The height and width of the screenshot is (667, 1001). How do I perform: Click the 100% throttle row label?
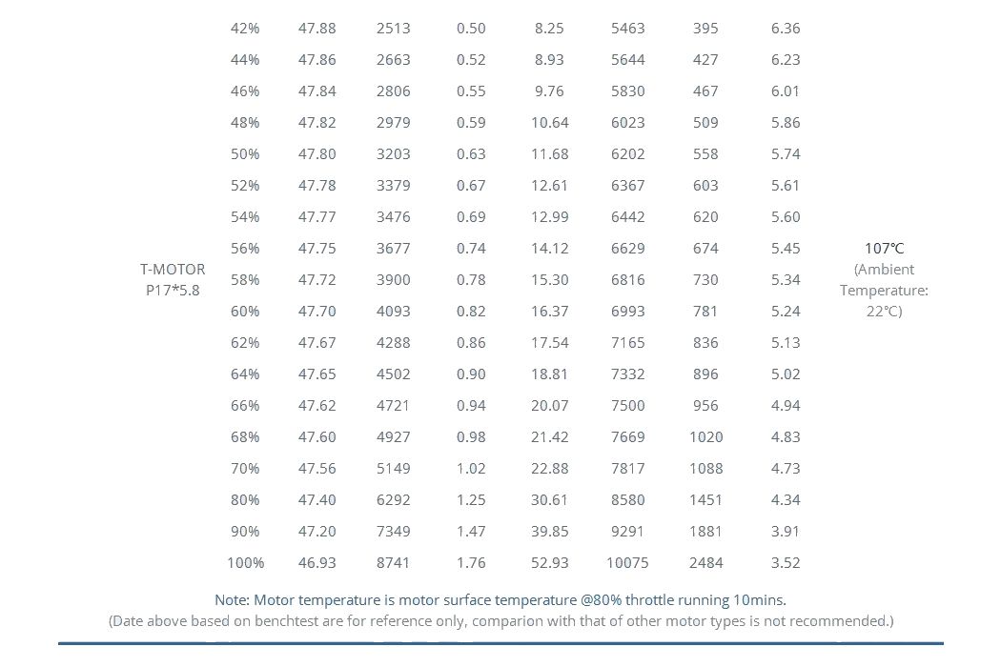tap(245, 563)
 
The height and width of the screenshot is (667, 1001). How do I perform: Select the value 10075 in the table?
tap(627, 563)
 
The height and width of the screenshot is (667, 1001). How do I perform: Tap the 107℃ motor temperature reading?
tap(884, 249)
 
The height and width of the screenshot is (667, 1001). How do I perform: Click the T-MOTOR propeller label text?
tap(173, 270)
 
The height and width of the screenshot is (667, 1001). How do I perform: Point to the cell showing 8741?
tap(393, 563)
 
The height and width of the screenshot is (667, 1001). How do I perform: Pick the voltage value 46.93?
tap(317, 563)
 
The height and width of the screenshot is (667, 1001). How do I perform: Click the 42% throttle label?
tap(245, 28)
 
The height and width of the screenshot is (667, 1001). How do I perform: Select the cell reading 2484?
tap(706, 563)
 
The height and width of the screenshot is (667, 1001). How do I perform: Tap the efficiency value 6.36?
tap(786, 28)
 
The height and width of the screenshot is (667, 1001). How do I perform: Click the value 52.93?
tap(550, 563)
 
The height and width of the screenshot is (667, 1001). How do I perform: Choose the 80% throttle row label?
tap(245, 499)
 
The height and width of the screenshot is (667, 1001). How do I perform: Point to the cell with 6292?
tap(393, 499)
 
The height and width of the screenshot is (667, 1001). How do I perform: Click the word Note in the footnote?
tap(233, 600)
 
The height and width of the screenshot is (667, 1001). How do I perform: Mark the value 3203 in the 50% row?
tap(393, 153)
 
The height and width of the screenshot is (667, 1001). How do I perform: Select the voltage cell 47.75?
tap(317, 249)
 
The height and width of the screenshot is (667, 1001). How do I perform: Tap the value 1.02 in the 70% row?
tap(471, 469)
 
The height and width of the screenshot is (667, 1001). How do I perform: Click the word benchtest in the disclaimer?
tap(287, 621)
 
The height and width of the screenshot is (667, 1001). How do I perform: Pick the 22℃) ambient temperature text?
tap(884, 312)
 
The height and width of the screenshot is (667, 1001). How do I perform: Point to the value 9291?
tap(627, 532)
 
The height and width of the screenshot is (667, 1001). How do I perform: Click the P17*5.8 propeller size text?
tap(173, 291)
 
